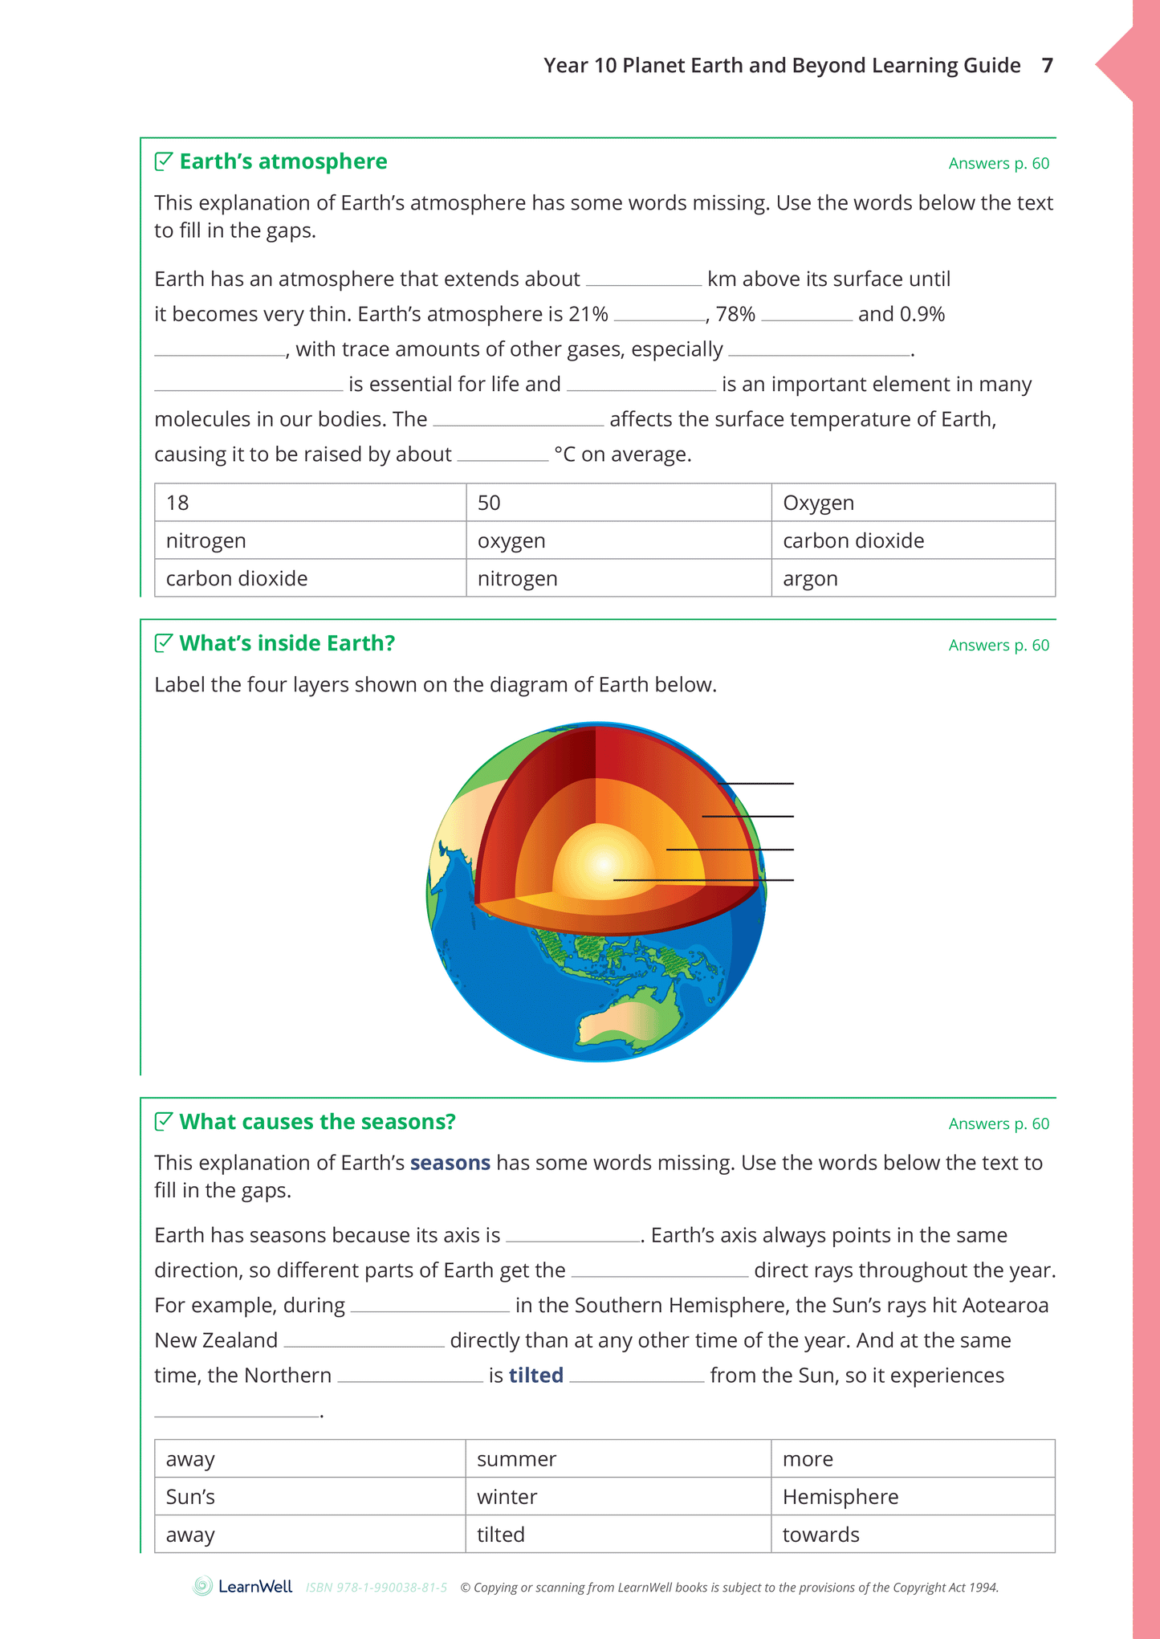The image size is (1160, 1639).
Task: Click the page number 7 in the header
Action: coord(1047,66)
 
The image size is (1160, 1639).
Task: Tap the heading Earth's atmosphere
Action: coord(283,161)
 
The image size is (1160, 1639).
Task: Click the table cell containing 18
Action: coord(310,503)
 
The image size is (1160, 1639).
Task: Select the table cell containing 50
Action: coord(618,503)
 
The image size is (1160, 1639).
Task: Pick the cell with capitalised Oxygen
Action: coord(913,503)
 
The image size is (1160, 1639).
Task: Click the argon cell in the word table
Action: coord(913,578)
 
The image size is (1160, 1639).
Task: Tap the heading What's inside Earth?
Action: coord(287,643)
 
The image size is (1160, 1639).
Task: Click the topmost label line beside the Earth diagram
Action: coord(755,783)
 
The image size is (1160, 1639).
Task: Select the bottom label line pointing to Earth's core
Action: coord(703,880)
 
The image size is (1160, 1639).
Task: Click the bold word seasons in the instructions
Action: coord(450,1163)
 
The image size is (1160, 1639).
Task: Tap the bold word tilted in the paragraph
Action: coord(535,1376)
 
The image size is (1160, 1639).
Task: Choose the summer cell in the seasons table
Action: coord(618,1459)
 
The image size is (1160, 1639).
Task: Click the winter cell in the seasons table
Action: coord(618,1497)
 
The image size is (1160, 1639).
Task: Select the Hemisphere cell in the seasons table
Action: coord(913,1497)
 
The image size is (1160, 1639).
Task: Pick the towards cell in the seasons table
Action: coord(913,1535)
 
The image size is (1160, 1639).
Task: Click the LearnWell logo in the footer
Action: coord(242,1587)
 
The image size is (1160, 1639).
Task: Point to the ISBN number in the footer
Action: coord(376,1588)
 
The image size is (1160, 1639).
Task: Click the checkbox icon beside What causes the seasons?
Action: coord(163,1121)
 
